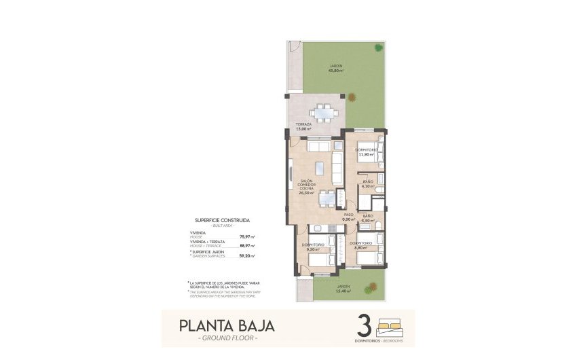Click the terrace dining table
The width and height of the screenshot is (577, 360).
[323, 113]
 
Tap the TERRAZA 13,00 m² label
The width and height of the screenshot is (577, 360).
[303, 126]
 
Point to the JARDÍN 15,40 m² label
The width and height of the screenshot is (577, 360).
[347, 288]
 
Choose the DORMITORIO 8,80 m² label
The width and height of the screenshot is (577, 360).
[359, 245]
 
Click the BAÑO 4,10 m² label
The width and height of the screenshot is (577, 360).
[367, 183]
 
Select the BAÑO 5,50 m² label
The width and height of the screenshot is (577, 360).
[368, 219]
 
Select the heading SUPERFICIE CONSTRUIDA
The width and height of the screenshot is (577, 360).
[222, 221]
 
